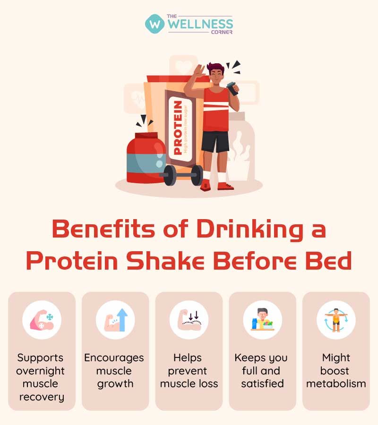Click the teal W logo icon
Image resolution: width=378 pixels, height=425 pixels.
coord(155,23)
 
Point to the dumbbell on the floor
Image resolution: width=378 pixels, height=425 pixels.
coord(182,175)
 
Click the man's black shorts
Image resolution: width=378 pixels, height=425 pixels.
coord(215,141)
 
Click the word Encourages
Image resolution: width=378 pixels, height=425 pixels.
coord(114,358)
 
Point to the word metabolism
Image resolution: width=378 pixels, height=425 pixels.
coord(336,383)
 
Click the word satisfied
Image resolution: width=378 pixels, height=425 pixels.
coord(262,383)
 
